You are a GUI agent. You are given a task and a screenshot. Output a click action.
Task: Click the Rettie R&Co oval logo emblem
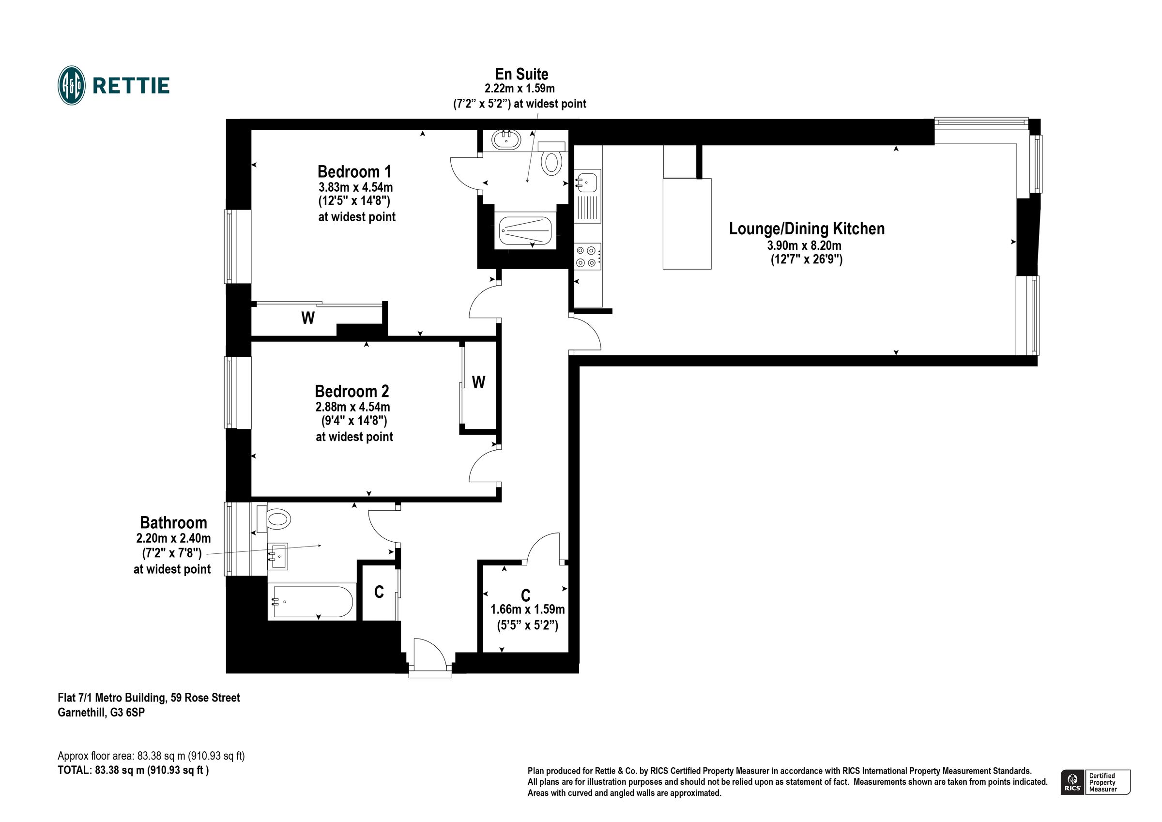point(71,86)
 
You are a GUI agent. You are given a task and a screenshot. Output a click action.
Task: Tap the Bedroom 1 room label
point(354,171)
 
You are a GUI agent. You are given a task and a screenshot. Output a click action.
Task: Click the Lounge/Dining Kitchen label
point(806,229)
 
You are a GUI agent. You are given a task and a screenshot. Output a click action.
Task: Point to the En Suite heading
point(521,75)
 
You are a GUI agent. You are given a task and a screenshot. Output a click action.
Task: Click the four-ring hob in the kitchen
point(587,256)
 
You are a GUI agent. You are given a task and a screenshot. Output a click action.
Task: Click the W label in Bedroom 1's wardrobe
point(308,318)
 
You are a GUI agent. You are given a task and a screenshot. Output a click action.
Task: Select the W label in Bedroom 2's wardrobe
point(478,382)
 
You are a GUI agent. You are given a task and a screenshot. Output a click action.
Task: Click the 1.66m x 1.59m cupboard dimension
point(527,609)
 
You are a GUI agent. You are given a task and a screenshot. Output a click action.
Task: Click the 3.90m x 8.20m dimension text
point(804,246)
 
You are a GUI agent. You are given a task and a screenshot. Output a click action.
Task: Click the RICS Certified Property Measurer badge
point(1095,782)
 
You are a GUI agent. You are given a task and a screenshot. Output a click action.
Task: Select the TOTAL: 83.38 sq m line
point(133,770)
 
